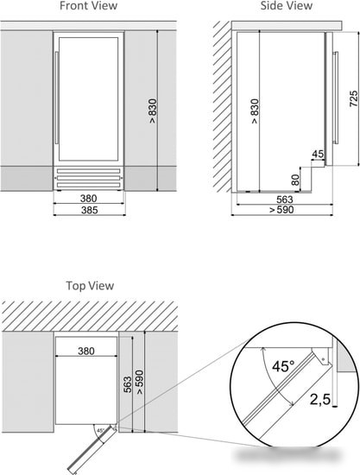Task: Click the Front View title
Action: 88,6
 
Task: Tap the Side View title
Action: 287,6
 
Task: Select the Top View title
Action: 90,286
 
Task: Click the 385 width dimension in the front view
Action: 89,210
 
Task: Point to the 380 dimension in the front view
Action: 88,199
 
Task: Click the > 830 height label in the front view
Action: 153,111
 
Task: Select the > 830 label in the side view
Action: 255,111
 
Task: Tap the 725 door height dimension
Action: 354,98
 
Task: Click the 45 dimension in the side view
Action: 318,154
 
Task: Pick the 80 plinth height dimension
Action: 295,180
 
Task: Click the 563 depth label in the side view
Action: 285,199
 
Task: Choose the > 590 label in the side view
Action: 281,210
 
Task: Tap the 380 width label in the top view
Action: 86,351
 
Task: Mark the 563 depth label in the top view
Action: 128,384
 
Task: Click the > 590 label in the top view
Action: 140,383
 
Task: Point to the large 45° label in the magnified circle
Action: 283,366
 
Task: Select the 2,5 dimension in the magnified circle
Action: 320,399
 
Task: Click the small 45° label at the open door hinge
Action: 100,430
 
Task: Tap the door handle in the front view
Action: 56,98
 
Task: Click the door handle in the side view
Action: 335,98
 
